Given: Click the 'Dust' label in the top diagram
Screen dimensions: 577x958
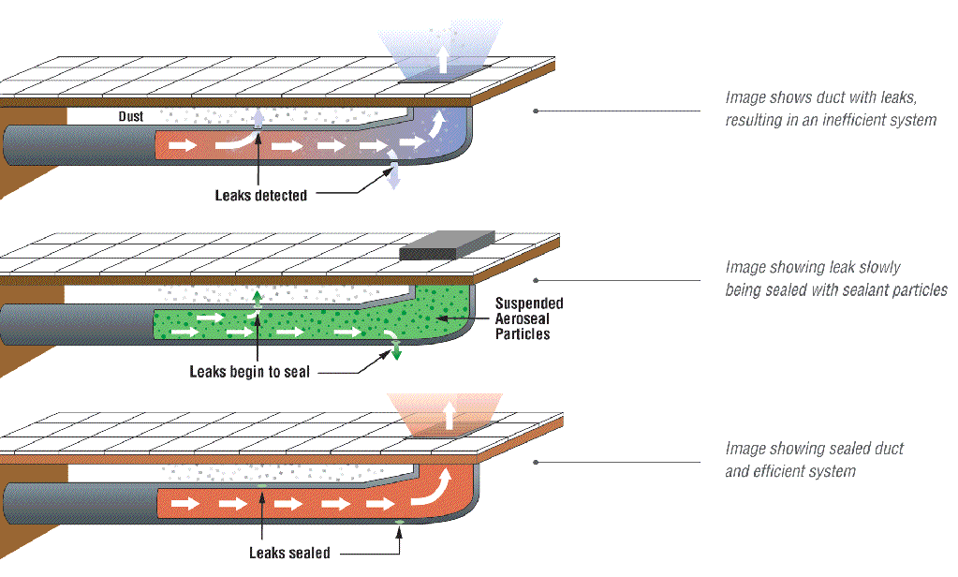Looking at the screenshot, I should (x=131, y=117).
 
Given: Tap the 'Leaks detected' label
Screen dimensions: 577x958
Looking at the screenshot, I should (x=260, y=195).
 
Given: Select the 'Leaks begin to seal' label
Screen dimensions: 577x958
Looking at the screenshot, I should (x=249, y=372).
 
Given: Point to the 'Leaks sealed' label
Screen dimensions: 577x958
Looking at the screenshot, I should (x=289, y=553).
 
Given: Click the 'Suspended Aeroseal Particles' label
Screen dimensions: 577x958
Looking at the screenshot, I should (x=529, y=318).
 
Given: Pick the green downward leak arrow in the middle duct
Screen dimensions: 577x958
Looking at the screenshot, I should (x=396, y=352).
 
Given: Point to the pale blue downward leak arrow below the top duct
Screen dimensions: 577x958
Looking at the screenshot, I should (x=394, y=175).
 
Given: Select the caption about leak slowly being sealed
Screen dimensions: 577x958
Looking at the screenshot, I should (x=835, y=279).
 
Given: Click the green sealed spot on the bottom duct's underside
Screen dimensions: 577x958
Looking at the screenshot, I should (x=400, y=521).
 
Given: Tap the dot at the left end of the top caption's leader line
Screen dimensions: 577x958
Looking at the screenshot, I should (x=536, y=111).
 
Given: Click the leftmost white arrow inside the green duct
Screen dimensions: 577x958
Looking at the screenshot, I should (x=184, y=332).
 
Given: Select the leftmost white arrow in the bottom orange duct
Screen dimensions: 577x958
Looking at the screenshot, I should (x=184, y=503).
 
